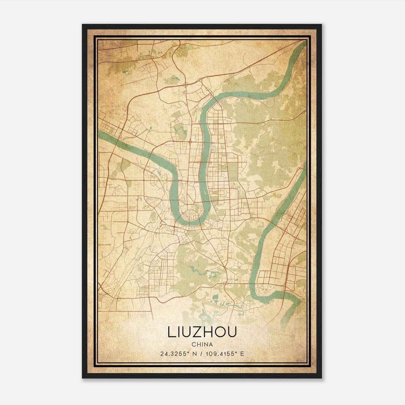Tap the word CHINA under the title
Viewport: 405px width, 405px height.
[202, 345]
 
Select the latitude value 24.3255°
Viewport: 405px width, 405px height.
[174, 354]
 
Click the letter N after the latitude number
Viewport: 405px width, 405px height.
[194, 354]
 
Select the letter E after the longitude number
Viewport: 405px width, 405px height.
[242, 354]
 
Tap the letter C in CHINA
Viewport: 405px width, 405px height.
[193, 345]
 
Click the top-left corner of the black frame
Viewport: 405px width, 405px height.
[83, 25]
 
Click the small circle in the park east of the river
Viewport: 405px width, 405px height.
[224, 167]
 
